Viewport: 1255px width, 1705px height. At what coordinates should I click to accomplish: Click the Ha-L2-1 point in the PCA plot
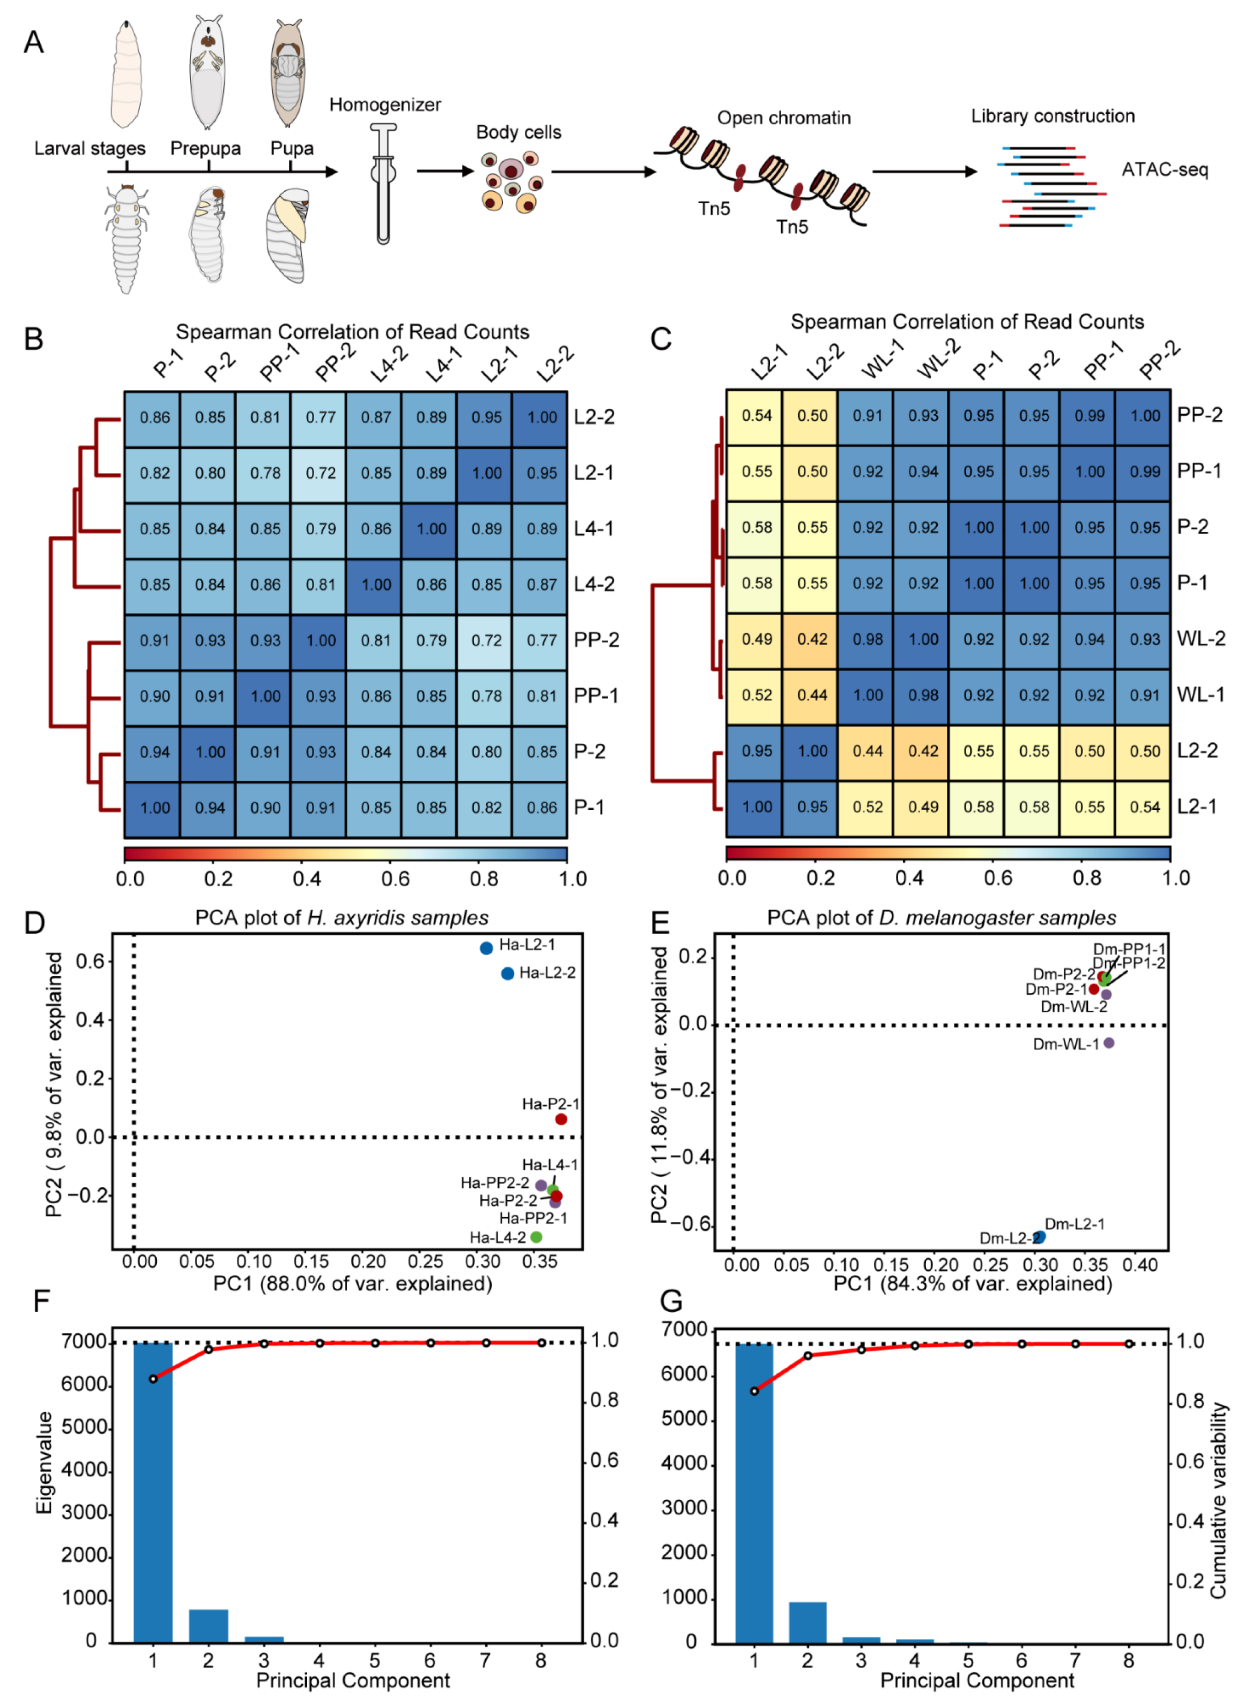click(486, 948)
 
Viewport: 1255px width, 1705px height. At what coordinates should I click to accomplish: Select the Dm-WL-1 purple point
click(1108, 1043)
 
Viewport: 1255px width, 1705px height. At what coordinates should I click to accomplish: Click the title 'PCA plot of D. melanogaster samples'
click(941, 918)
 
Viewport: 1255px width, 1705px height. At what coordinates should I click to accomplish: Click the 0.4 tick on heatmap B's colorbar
click(307, 879)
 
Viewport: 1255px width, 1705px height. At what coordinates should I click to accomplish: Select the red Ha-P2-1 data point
click(561, 1119)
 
